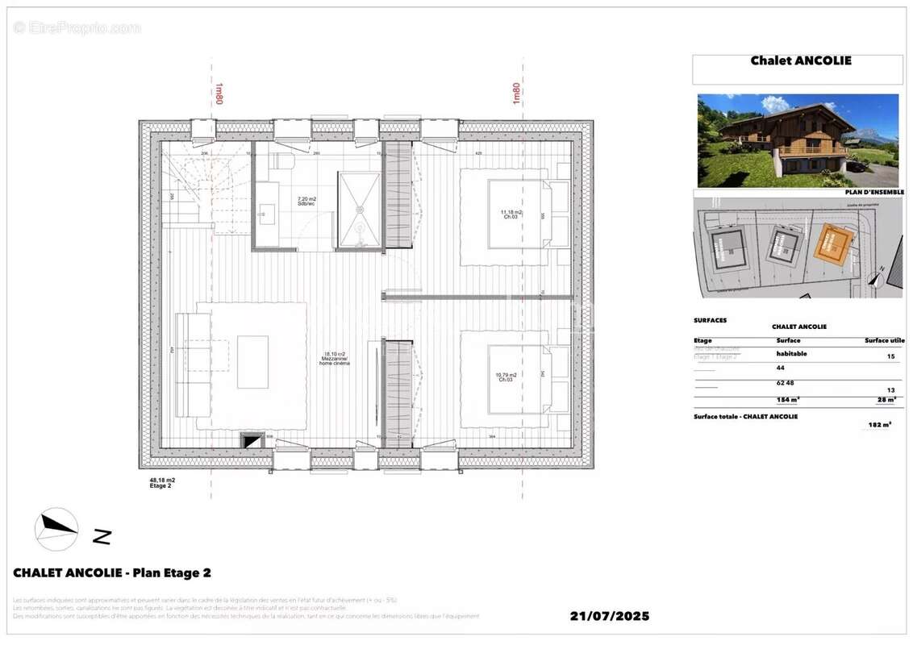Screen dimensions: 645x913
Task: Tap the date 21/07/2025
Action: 609,616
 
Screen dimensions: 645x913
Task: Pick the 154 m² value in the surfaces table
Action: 787,399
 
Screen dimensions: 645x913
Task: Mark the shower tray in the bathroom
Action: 360,209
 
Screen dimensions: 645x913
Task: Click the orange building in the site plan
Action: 834,244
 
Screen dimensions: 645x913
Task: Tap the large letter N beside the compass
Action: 101,535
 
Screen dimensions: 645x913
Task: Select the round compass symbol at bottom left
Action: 56,529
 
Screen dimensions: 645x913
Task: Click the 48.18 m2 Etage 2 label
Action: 162,483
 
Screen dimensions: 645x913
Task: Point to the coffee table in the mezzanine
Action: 252,362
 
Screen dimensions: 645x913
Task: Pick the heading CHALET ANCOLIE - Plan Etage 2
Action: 112,573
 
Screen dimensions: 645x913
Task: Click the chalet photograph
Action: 798,140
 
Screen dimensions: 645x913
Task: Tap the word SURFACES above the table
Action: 710,320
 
